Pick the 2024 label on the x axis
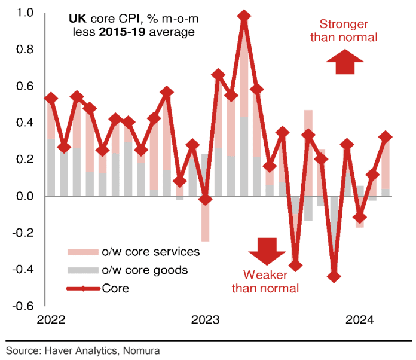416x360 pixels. (x=359, y=319)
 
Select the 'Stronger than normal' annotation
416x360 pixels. (x=348, y=30)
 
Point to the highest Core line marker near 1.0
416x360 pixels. (x=244, y=16)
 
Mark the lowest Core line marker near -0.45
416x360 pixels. (x=335, y=276)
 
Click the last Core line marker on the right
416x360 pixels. (x=386, y=137)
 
